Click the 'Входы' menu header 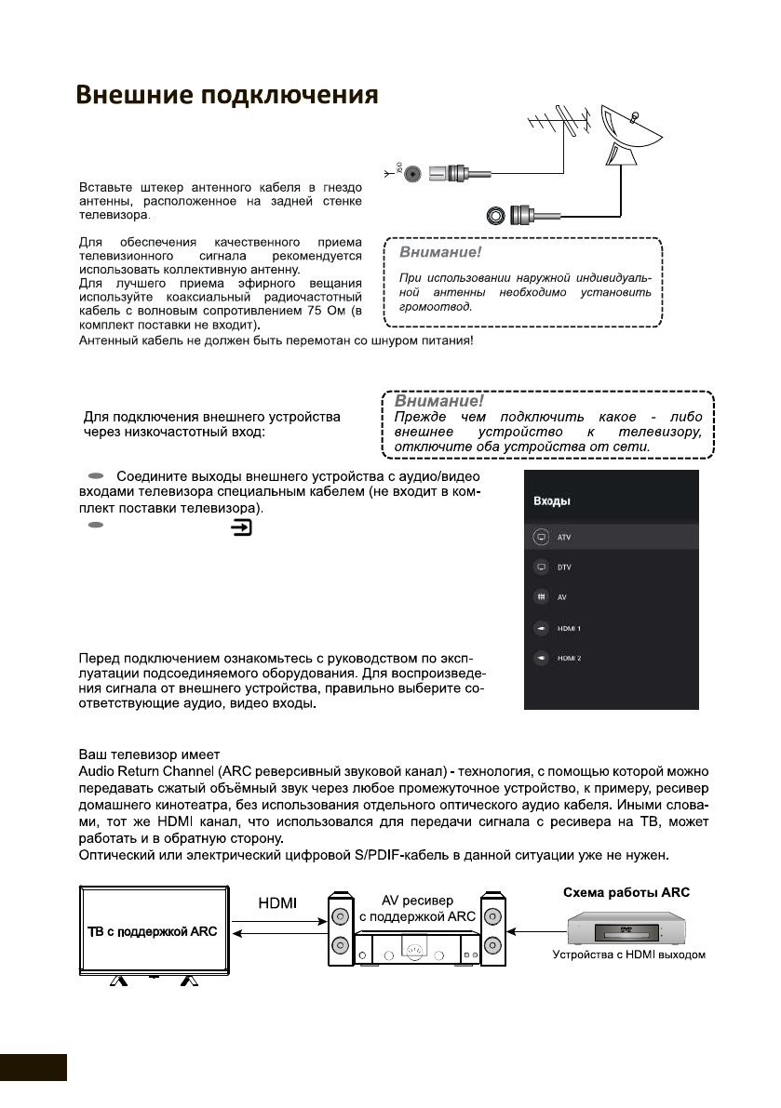(x=551, y=501)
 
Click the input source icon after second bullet (x=242, y=527)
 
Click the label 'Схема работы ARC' (x=626, y=892)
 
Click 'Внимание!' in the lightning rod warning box (x=434, y=252)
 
